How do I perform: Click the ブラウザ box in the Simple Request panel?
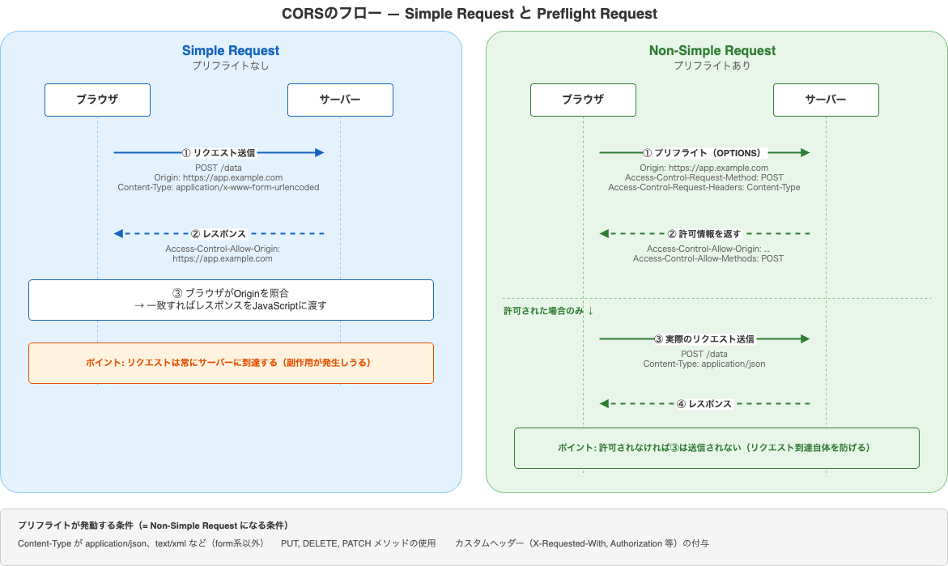coord(97,100)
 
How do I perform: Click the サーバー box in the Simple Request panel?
coord(340,100)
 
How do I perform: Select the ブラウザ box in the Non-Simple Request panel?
coord(583,100)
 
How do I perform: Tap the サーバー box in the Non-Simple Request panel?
coord(826,100)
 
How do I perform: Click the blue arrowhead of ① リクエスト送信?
coord(319,152)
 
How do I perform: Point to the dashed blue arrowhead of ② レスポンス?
coord(119,233)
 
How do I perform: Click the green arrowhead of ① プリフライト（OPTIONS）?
coord(805,152)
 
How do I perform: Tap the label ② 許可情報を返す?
coord(704,233)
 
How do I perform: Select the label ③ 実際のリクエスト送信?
coord(704,339)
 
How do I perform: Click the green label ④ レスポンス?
coord(704,403)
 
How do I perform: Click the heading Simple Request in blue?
coord(231,50)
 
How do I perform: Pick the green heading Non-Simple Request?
coord(712,50)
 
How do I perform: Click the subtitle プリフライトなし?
coord(231,66)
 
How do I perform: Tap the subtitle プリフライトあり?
coord(712,66)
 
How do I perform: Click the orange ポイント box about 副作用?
coord(231,363)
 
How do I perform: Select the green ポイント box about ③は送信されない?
coord(716,448)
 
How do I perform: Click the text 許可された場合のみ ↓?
coord(549,311)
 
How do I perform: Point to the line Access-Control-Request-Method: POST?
coord(704,177)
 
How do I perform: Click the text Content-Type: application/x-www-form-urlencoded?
coord(219,187)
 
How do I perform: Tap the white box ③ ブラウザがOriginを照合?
coord(231,300)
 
